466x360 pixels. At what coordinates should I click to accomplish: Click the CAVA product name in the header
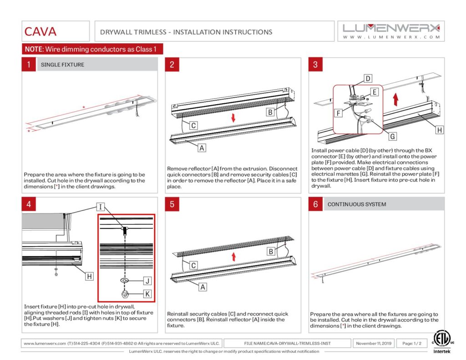(41, 32)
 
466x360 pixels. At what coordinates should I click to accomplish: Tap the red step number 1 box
(28, 64)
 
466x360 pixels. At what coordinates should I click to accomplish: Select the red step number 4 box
(28, 204)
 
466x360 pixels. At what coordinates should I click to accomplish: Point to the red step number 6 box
(315, 204)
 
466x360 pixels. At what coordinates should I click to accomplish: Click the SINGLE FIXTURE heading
(62, 65)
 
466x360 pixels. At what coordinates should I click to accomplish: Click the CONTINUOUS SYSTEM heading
(356, 204)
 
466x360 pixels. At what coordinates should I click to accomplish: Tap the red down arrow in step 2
(233, 118)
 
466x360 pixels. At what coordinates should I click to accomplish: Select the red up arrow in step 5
(233, 256)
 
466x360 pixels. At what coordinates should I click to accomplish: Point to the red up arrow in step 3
(395, 98)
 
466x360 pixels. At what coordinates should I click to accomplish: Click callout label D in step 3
(368, 79)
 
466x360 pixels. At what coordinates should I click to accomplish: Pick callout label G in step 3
(392, 136)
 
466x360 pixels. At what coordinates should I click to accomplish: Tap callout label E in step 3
(374, 92)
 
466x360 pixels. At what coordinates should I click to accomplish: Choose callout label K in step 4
(147, 294)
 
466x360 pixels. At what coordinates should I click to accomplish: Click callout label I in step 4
(101, 208)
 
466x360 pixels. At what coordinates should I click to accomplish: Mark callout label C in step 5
(193, 265)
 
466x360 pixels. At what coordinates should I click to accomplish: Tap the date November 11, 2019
(374, 343)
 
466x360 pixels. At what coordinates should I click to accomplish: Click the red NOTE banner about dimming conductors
(93, 49)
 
